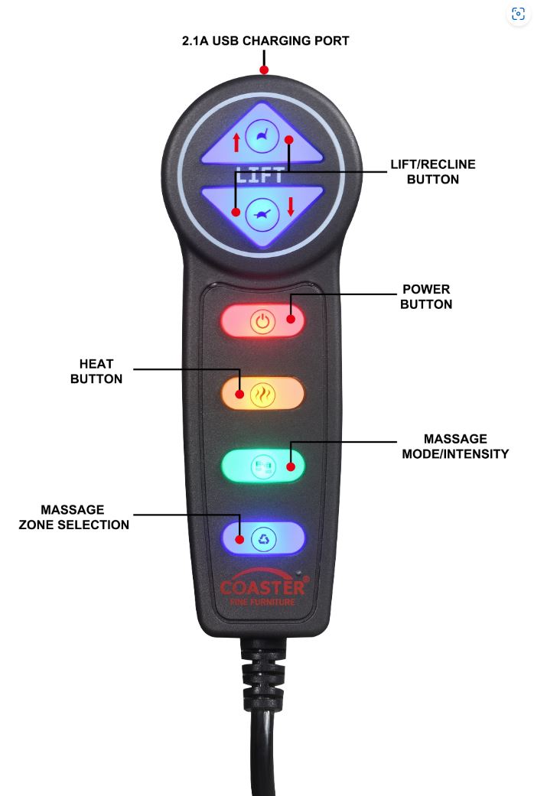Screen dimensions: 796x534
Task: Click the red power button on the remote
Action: (x=262, y=321)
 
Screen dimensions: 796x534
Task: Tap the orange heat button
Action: (x=262, y=394)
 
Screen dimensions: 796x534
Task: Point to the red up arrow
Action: (x=236, y=141)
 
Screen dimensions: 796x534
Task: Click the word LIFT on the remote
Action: (x=261, y=175)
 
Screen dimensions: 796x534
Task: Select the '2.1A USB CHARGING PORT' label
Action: (x=265, y=41)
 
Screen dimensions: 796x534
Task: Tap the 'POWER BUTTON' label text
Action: (x=426, y=297)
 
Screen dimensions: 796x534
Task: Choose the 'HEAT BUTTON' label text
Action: (x=96, y=371)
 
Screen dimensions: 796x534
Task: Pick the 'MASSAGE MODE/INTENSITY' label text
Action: (x=454, y=446)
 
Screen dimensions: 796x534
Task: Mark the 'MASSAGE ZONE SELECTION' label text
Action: (x=73, y=517)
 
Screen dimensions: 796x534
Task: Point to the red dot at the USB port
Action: (x=264, y=70)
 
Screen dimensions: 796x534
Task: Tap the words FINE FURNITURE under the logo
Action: (x=262, y=603)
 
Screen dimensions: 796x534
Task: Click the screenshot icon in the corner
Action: (x=518, y=14)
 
